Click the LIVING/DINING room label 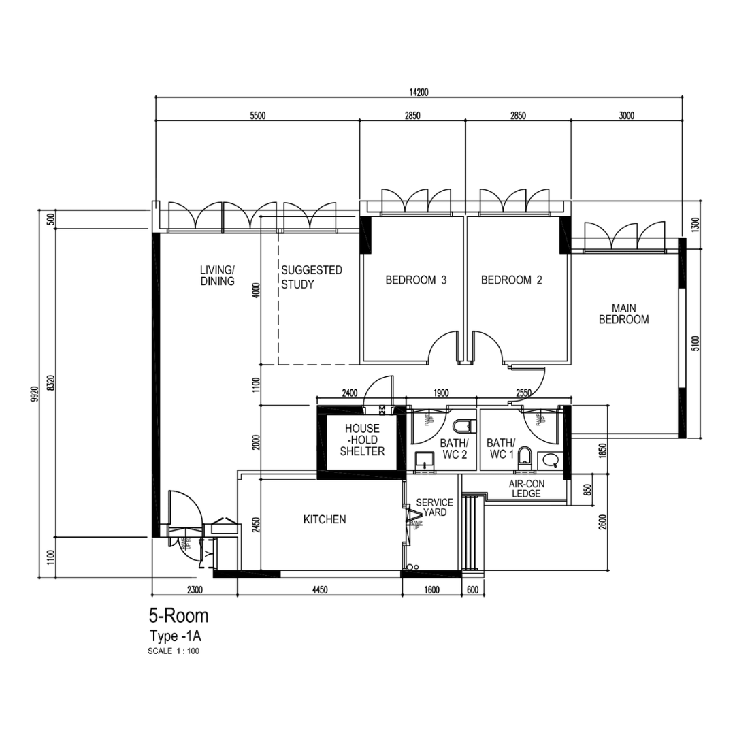pyautogui.click(x=217, y=276)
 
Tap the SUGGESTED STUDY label pyautogui.click(x=311, y=277)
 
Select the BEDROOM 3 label pyautogui.click(x=416, y=280)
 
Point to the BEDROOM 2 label pyautogui.click(x=511, y=280)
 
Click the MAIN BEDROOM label pyautogui.click(x=623, y=314)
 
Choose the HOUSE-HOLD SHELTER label pyautogui.click(x=362, y=440)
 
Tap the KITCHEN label pyautogui.click(x=325, y=519)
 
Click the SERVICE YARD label pyautogui.click(x=434, y=508)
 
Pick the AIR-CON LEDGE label pyautogui.click(x=525, y=489)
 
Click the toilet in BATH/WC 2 pyautogui.click(x=462, y=427)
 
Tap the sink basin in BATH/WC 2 pyautogui.click(x=425, y=460)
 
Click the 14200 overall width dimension pyautogui.click(x=418, y=93)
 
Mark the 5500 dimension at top pyautogui.click(x=257, y=116)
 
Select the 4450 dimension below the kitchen pyautogui.click(x=320, y=590)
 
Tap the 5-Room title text pyautogui.click(x=178, y=617)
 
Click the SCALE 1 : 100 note pyautogui.click(x=174, y=651)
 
